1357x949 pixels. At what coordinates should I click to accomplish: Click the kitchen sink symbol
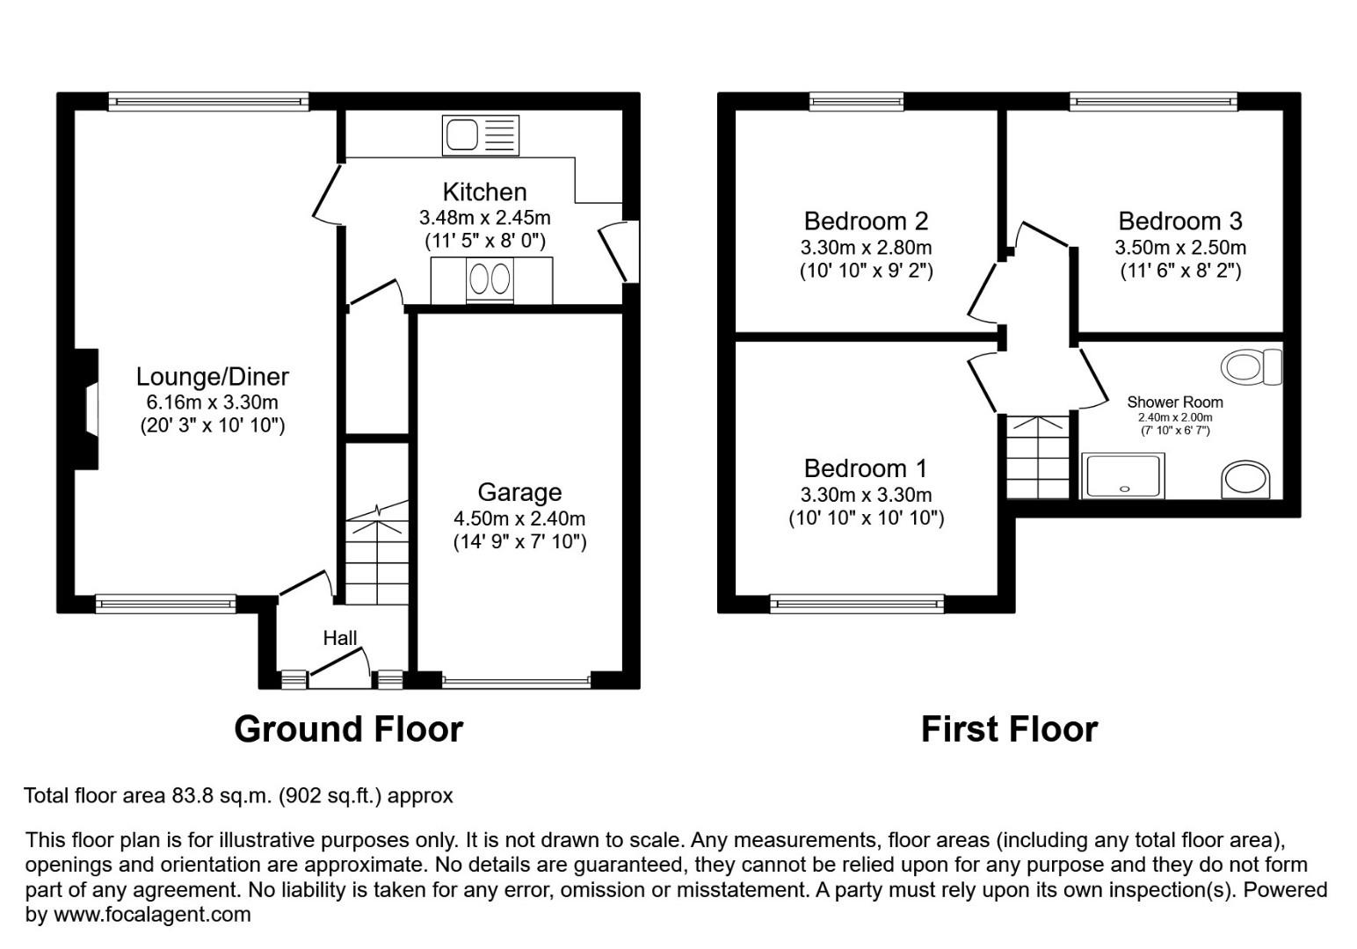coord(480,135)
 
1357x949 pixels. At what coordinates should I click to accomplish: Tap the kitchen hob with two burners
coord(490,279)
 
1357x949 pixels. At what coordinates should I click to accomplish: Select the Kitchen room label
coord(484,192)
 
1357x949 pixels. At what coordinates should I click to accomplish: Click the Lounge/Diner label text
coord(212,377)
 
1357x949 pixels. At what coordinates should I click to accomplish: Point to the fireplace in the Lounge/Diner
coord(87,409)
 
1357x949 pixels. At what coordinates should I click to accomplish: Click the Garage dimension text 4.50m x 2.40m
coord(519,518)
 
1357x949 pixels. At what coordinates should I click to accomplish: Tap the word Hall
coord(339,638)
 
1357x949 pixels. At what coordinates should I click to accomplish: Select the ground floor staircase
coord(376,554)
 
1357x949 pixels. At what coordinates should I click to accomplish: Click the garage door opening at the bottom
coord(517,680)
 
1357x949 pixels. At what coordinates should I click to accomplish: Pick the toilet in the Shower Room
coord(1252,366)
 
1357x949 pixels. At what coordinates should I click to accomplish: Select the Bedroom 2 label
coord(866,221)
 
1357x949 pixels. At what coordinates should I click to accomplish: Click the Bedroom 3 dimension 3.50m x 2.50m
coord(1180,248)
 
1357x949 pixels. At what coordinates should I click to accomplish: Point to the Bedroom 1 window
coord(857,604)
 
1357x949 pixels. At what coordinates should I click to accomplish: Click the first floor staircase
coord(1038,457)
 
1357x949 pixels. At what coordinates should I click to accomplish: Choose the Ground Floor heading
coord(348,729)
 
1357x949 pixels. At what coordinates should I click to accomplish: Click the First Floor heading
coord(1009,729)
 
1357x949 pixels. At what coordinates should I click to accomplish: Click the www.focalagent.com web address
coord(152,915)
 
